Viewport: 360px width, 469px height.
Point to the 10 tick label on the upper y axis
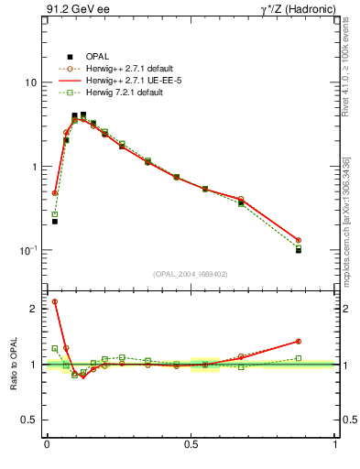tap(30, 82)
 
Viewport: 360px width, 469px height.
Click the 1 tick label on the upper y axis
tap(33, 167)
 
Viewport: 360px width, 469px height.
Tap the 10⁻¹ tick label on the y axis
tap(27, 250)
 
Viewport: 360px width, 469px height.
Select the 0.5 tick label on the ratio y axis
tap(28, 421)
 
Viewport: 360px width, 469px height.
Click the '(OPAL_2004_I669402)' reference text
tap(191, 273)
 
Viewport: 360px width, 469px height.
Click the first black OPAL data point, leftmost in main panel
tap(55, 221)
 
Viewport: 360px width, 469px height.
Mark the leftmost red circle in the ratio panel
tap(55, 301)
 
